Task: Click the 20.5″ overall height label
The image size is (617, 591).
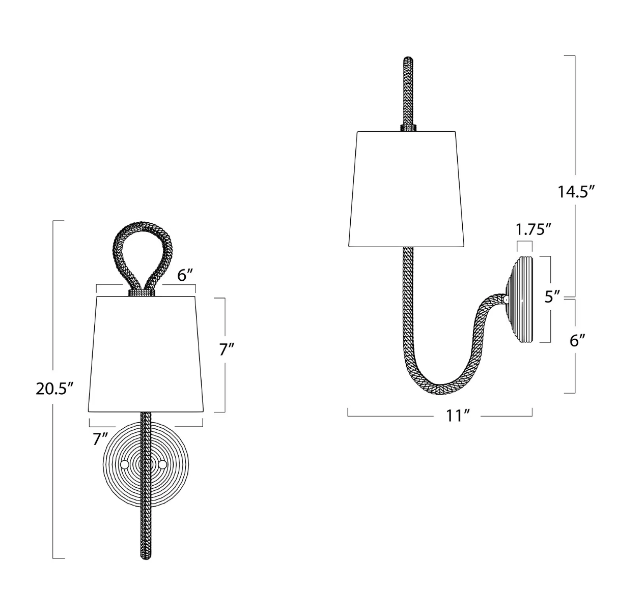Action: (54, 389)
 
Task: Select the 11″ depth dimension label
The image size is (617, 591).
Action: (458, 416)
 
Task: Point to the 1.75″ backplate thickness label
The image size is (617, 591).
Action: (534, 229)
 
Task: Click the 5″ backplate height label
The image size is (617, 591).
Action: (552, 297)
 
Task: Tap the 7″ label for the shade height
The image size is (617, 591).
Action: (227, 349)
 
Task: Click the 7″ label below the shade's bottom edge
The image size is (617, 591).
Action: (100, 439)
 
